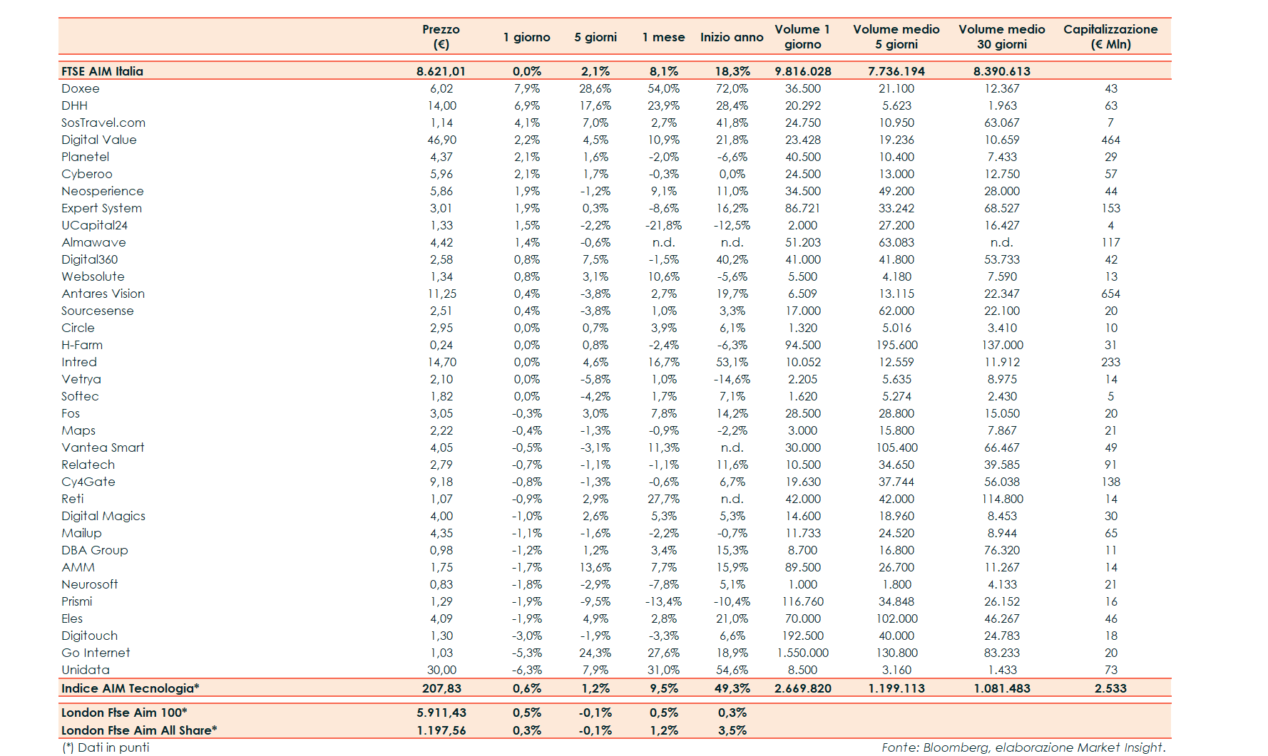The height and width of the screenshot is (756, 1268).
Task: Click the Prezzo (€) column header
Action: click(441, 36)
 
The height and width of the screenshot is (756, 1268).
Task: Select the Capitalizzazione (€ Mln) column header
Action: click(1110, 36)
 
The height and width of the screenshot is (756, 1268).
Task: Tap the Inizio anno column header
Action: click(732, 37)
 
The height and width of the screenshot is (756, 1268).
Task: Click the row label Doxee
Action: click(81, 88)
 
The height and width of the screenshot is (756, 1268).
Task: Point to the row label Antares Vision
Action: click(103, 294)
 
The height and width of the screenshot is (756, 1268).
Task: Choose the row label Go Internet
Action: click(96, 653)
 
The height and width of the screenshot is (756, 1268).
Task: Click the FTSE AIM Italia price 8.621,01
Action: click(441, 71)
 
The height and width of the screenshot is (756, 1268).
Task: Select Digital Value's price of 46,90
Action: click(441, 140)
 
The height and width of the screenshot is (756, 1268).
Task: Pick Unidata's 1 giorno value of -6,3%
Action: click(527, 670)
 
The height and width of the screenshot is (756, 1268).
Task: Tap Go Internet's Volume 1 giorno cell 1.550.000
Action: click(802, 653)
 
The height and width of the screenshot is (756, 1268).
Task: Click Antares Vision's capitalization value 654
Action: click(1110, 294)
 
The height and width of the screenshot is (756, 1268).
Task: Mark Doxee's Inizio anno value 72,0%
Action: click(732, 88)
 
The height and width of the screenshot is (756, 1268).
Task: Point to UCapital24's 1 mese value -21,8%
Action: click(663, 225)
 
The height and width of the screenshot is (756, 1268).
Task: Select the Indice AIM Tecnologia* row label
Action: click(130, 688)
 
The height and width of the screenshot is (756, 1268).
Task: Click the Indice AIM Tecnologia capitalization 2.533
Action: click(1110, 688)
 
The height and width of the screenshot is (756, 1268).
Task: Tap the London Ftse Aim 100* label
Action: click(124, 713)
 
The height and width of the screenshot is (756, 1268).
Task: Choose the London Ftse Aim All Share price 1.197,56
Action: click(441, 730)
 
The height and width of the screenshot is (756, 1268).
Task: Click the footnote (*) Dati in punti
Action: click(106, 747)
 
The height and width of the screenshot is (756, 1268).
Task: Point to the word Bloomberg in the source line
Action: click(955, 747)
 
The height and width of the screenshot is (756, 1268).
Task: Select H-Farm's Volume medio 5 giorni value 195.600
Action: click(896, 345)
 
